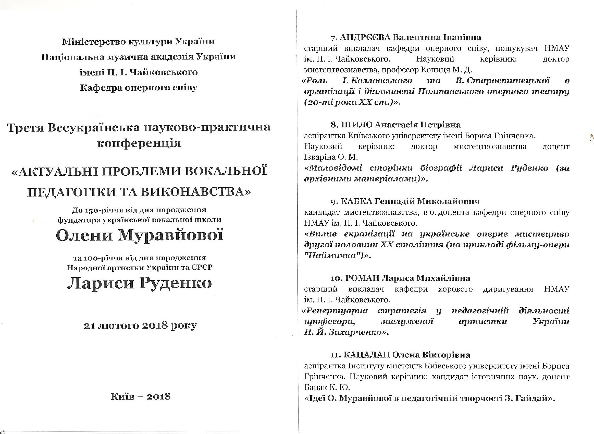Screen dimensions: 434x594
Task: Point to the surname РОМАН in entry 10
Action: (363, 278)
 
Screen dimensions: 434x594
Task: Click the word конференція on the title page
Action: (139, 143)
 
